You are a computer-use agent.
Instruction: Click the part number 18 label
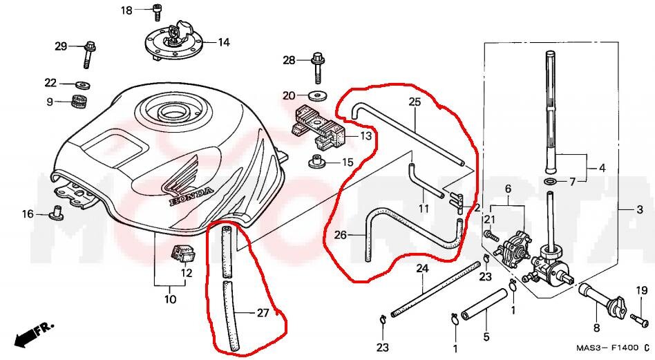(x=126, y=10)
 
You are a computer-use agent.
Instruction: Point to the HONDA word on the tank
(x=191, y=196)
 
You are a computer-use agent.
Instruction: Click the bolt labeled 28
(x=318, y=66)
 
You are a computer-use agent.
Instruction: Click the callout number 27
(x=263, y=313)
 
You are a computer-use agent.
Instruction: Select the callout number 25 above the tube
(x=415, y=102)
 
